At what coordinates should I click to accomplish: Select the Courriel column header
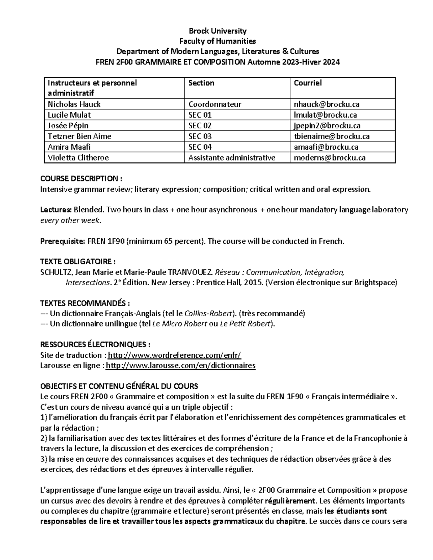click(307, 83)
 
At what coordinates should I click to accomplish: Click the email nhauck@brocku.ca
click(327, 104)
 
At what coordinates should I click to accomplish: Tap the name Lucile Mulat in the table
click(69, 115)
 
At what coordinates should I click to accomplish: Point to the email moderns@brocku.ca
click(330, 158)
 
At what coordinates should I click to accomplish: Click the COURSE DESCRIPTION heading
click(81, 178)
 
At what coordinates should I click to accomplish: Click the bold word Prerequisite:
click(63, 241)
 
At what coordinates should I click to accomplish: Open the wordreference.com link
click(174, 355)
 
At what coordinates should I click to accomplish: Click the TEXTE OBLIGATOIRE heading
click(78, 262)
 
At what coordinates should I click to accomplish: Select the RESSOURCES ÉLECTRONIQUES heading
click(95, 344)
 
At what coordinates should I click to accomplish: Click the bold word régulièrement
click(289, 501)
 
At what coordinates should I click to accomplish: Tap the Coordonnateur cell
click(215, 104)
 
